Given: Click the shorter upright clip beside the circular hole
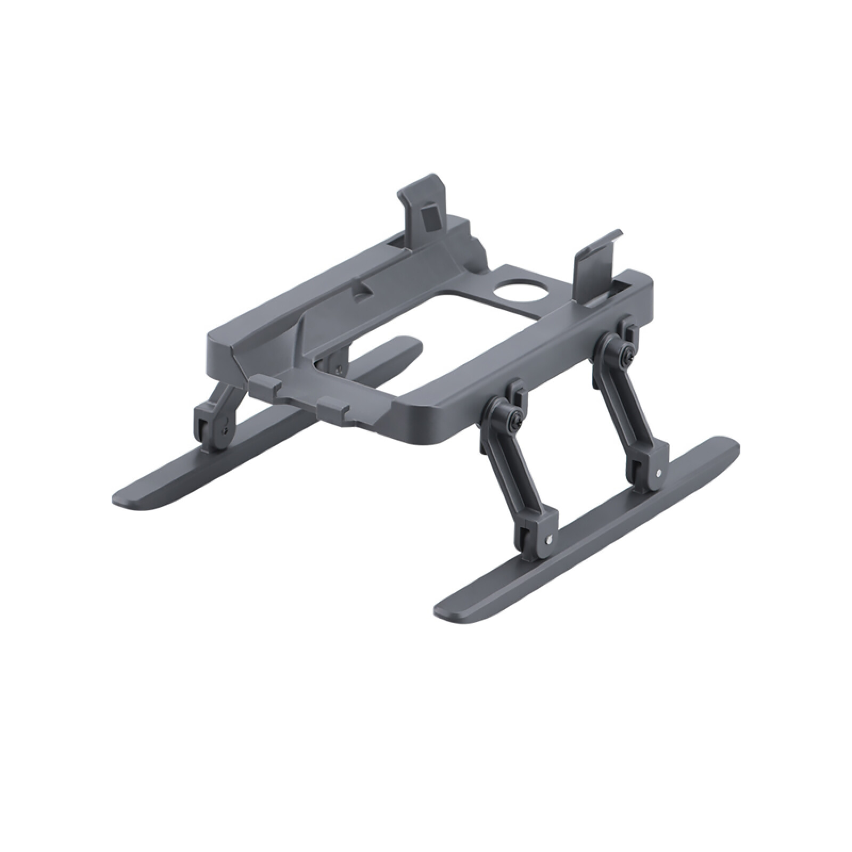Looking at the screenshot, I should (x=596, y=261).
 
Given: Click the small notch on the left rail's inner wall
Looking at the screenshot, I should (x=364, y=288).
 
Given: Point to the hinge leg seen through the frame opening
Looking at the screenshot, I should (x=335, y=362).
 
